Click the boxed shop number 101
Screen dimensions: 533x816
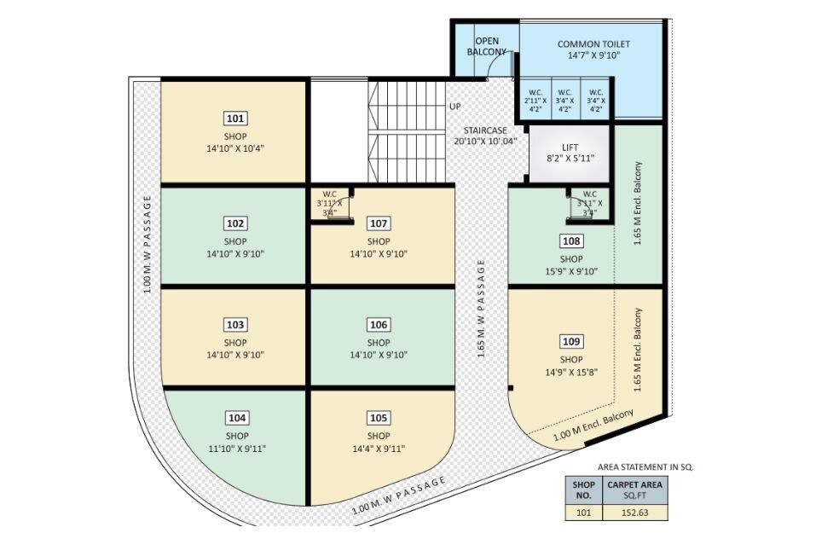[236, 119]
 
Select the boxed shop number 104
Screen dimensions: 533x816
[237, 418]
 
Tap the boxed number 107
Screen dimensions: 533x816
[379, 223]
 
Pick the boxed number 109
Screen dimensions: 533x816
[571, 342]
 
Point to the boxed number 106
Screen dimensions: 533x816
[379, 325]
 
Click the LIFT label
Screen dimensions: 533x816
[570, 148]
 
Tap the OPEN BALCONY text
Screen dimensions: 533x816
[486, 46]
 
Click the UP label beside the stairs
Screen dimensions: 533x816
[455, 107]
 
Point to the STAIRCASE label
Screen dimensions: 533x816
[483, 130]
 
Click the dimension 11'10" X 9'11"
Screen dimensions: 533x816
[236, 449]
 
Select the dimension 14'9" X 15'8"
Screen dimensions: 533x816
[570, 373]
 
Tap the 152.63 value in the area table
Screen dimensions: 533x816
[634, 513]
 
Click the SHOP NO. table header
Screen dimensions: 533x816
[583, 490]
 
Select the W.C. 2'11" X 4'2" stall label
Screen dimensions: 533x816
[535, 101]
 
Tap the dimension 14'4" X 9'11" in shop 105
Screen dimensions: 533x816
[379, 449]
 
